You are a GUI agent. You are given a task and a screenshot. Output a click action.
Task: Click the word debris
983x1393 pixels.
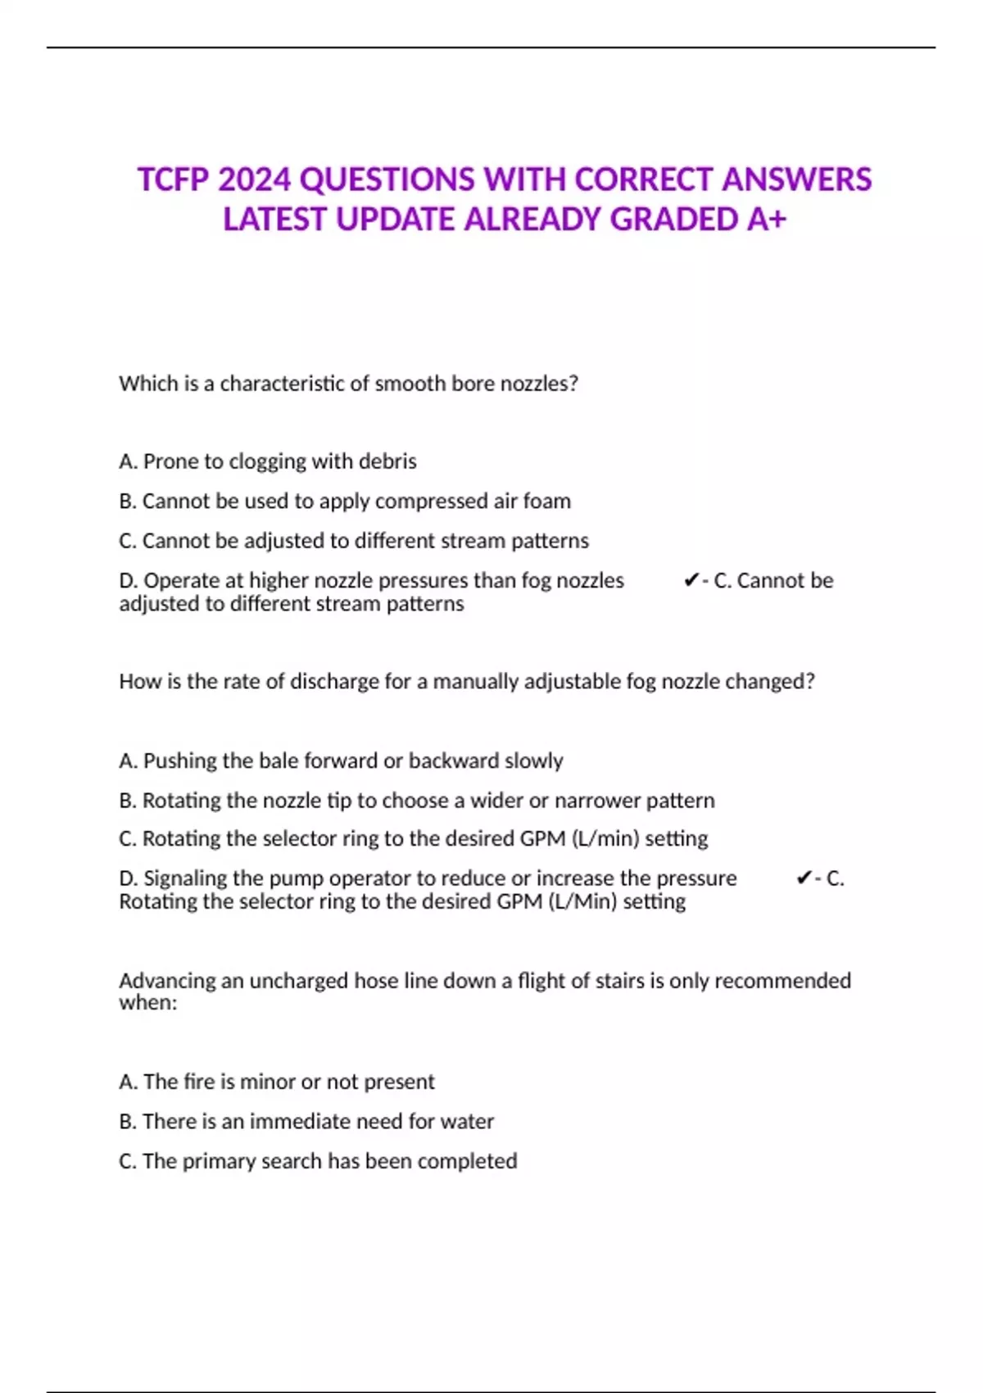tap(387, 461)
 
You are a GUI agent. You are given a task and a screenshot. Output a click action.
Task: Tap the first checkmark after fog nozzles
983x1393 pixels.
tap(691, 580)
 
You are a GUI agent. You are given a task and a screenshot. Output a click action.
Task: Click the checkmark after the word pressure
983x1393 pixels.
tap(804, 878)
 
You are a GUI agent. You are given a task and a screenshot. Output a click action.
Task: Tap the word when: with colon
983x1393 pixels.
tap(147, 1002)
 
